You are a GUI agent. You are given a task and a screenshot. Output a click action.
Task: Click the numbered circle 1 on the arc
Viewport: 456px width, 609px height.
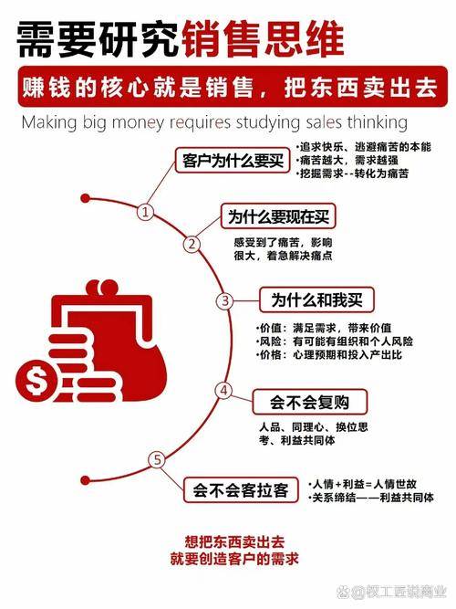pos(144,212)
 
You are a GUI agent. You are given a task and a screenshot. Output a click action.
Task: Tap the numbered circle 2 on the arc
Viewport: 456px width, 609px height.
pos(192,244)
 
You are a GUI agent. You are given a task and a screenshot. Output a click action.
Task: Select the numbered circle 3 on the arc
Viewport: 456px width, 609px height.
pos(222,300)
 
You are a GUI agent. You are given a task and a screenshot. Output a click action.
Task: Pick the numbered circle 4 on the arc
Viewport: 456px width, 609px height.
pos(222,390)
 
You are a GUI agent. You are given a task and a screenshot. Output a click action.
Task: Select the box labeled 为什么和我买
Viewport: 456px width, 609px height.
pos(311,300)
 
